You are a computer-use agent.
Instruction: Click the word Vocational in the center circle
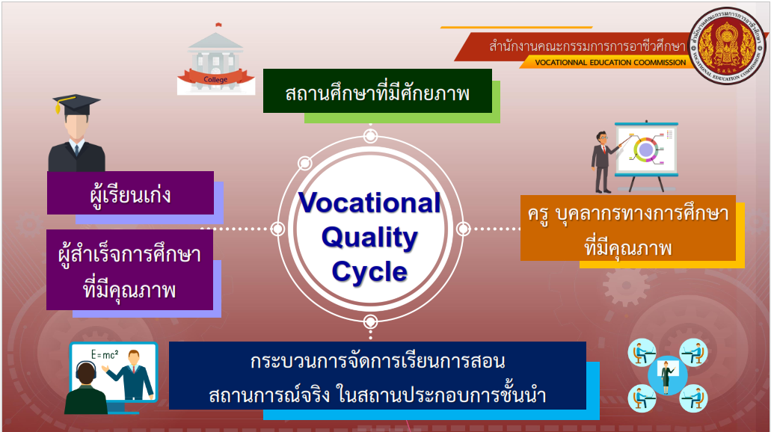click(x=369, y=203)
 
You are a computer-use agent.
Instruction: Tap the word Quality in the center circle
click(x=369, y=238)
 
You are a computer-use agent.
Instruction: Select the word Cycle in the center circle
click(x=369, y=271)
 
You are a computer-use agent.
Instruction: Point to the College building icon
click(x=216, y=59)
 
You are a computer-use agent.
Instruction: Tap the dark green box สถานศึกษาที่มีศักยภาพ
click(x=378, y=91)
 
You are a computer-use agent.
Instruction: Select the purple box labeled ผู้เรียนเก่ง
click(x=130, y=193)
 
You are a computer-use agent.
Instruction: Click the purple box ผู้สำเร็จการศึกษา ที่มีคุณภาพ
click(x=130, y=270)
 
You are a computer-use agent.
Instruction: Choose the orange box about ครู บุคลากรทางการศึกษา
click(x=628, y=228)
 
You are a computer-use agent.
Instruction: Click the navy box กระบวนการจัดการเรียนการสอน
click(x=377, y=375)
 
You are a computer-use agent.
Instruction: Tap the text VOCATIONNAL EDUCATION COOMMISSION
click(x=610, y=63)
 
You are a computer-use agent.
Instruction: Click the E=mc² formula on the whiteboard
click(x=105, y=355)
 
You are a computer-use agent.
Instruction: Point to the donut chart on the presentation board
click(x=645, y=149)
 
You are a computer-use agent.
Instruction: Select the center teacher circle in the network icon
click(x=667, y=375)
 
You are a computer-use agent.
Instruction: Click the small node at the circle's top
click(x=370, y=135)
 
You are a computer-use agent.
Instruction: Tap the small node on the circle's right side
click(x=463, y=229)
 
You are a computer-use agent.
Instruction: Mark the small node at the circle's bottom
click(x=370, y=322)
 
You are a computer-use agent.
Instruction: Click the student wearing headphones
click(x=86, y=388)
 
